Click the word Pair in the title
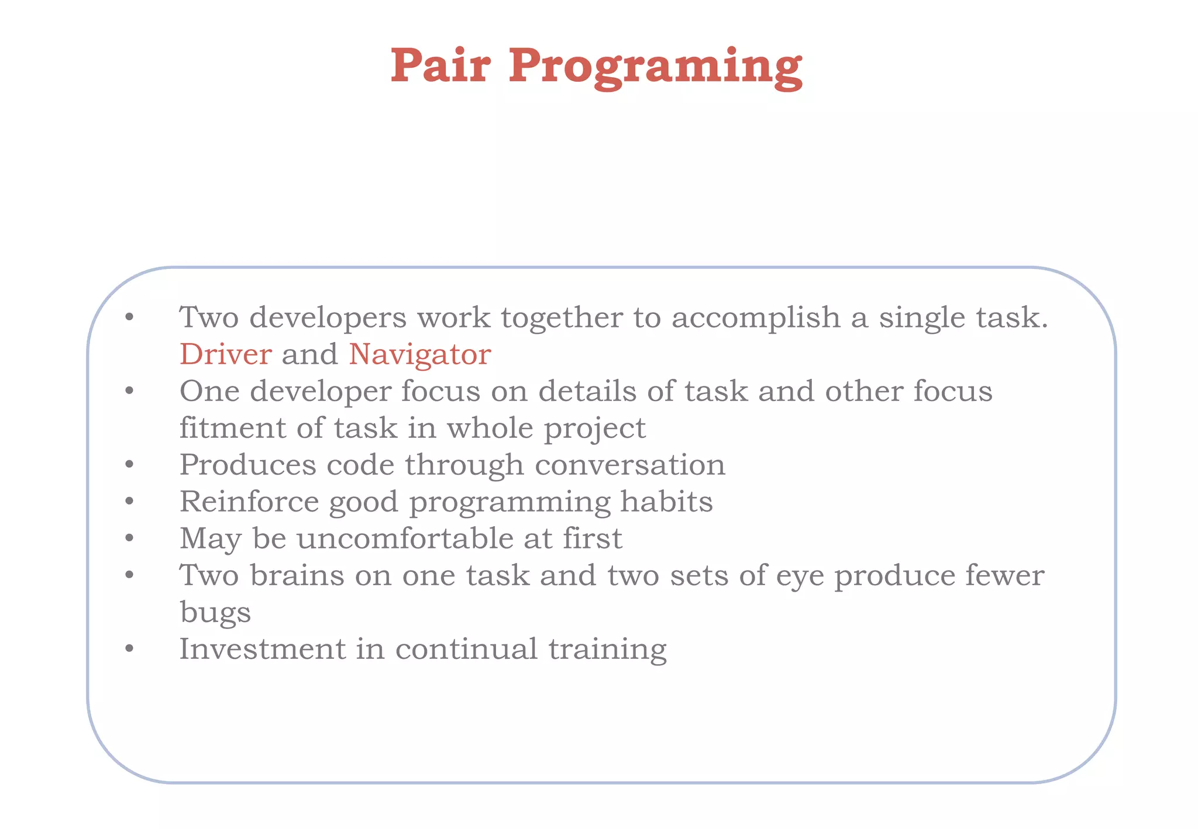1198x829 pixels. (x=440, y=65)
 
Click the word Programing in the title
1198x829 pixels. (x=655, y=68)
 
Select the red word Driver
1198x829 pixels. (x=225, y=354)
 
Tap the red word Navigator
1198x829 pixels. (x=419, y=355)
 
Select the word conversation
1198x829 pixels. (x=630, y=465)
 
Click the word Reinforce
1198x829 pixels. (x=249, y=502)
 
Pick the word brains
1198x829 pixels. (x=297, y=575)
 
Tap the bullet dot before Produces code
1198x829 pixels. (x=129, y=465)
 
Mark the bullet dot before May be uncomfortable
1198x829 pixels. (x=129, y=538)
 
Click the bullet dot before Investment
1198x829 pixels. (x=129, y=649)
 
